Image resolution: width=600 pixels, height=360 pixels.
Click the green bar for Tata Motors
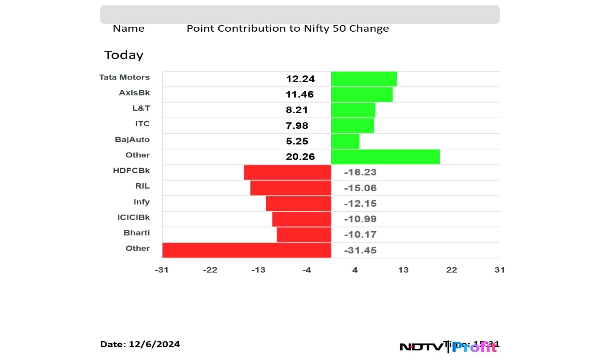[x=364, y=79]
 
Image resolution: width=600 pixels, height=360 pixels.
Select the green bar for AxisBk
[x=362, y=94]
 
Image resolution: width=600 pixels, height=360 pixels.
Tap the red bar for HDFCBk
[x=287, y=172]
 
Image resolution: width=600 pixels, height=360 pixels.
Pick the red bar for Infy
[x=298, y=203]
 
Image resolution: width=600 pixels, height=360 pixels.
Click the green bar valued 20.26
[x=385, y=157]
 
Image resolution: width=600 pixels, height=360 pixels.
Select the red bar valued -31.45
[x=247, y=250]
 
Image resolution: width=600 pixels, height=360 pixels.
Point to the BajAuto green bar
[x=345, y=141]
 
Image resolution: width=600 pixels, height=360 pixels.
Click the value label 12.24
[x=300, y=79]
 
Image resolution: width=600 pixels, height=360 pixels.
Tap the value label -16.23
[x=360, y=172]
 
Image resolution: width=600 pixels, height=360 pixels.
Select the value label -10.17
[x=360, y=235]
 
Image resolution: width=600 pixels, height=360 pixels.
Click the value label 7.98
[x=297, y=125]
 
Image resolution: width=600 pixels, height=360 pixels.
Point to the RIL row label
[x=142, y=186]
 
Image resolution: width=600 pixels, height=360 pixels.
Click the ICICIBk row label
[x=133, y=217]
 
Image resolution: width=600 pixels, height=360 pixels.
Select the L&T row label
[x=141, y=108]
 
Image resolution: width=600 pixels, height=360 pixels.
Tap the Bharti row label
[x=137, y=233]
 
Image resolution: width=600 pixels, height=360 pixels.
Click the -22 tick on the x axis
[x=210, y=270]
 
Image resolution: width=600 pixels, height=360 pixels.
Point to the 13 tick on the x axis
[x=403, y=270]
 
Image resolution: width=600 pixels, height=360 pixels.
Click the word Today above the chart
[x=124, y=55]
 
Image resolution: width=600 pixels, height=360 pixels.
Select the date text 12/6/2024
[x=154, y=344]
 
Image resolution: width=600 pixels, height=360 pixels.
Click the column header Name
[x=128, y=28]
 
